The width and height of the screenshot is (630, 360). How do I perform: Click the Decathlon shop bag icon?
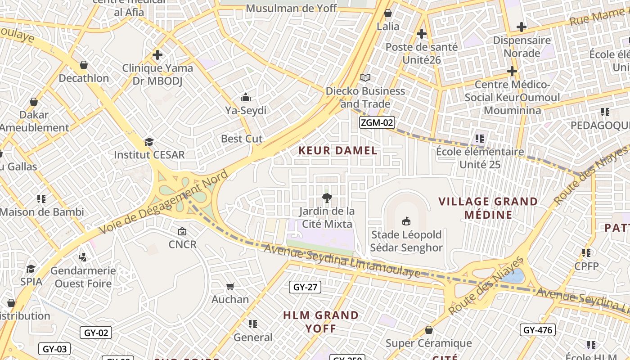(83, 65)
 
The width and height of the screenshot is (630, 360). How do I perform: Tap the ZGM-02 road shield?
(377, 122)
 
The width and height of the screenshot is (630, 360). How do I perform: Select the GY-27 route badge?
(305, 287)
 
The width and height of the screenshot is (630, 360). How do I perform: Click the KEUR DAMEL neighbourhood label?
(338, 151)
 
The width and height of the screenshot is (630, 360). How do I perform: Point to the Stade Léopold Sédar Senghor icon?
(406, 221)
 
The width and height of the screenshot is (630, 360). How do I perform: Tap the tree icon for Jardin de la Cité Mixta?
(327, 198)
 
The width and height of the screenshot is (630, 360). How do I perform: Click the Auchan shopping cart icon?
(230, 286)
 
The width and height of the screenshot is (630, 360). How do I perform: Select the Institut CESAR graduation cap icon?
(149, 142)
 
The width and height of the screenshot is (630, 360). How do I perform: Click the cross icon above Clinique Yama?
(157, 55)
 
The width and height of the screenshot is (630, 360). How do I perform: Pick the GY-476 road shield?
(537, 330)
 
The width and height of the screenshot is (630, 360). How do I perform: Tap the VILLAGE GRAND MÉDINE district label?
(488, 208)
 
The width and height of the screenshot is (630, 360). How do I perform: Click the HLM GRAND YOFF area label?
(321, 322)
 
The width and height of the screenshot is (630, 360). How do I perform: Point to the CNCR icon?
(182, 231)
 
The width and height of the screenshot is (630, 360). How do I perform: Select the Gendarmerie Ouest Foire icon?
(82, 257)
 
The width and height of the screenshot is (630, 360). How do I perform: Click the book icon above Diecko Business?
(365, 78)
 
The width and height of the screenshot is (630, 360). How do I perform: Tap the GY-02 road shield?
(96, 333)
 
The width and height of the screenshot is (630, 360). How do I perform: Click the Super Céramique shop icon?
(429, 330)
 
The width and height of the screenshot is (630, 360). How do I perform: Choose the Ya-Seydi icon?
(246, 97)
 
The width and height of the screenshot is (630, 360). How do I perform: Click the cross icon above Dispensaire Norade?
(522, 27)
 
